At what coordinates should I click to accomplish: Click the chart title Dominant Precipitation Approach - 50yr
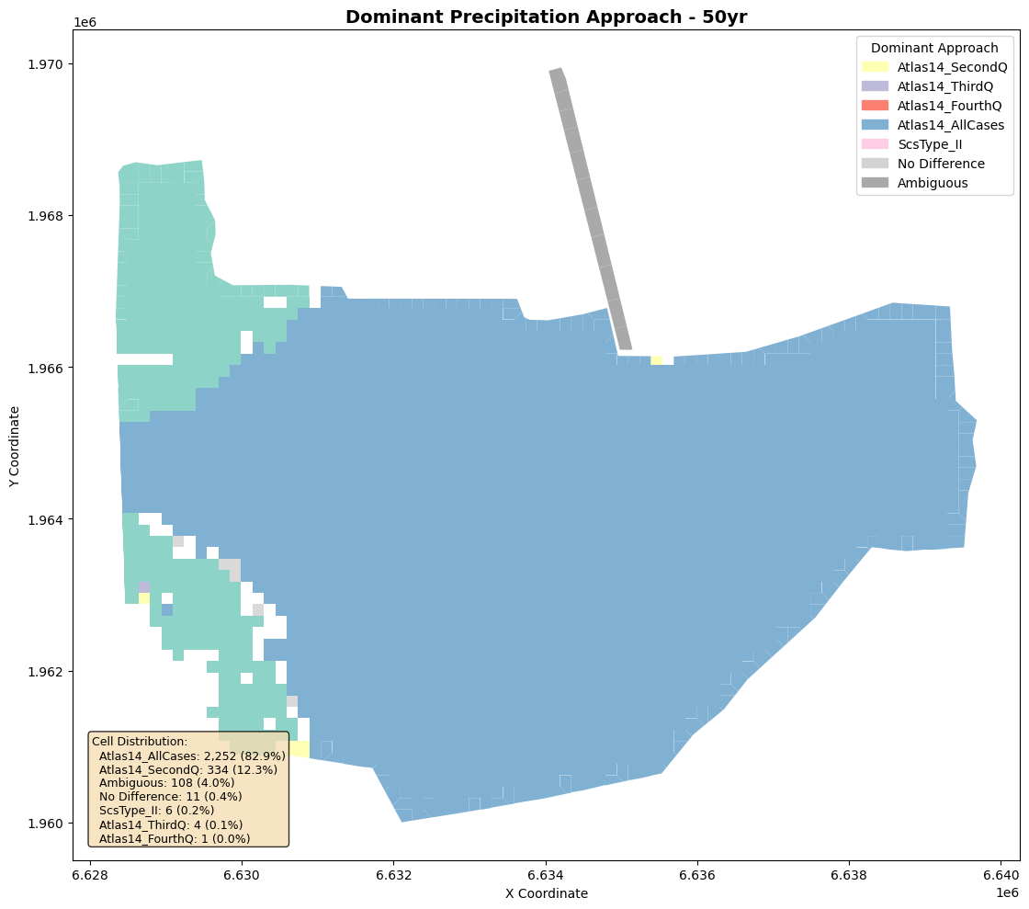click(x=546, y=17)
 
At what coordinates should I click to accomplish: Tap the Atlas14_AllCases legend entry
click(x=933, y=125)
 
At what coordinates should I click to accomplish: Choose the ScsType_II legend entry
click(x=911, y=144)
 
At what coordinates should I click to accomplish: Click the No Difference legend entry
click(x=923, y=164)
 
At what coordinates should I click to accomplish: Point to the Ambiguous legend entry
click(x=915, y=183)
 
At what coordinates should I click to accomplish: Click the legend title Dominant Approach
click(x=934, y=48)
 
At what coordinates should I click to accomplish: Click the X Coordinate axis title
click(x=546, y=893)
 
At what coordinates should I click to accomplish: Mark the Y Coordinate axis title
click(x=15, y=447)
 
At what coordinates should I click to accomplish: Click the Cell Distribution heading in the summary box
click(x=140, y=741)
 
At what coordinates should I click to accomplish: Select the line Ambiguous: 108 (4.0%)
click(x=166, y=782)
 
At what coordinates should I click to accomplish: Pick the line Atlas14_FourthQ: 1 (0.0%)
click(x=175, y=838)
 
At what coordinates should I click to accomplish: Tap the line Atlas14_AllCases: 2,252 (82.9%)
click(x=192, y=756)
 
